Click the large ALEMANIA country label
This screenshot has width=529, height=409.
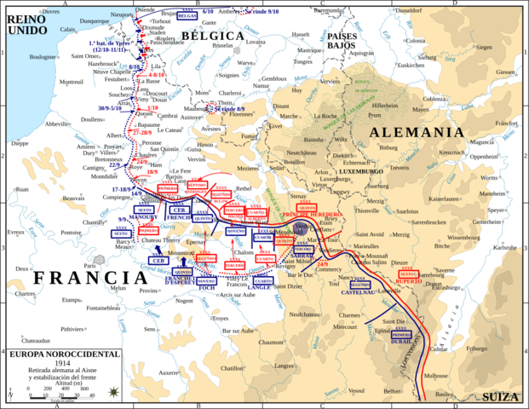pyautogui.click(x=417, y=133)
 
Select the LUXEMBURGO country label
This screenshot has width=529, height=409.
pyautogui.click(x=363, y=171)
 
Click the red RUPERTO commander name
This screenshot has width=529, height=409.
pyautogui.click(x=410, y=280)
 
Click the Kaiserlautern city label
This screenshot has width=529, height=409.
pyautogui.click(x=444, y=199)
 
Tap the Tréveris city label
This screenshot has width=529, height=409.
pyautogui.click(x=400, y=168)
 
